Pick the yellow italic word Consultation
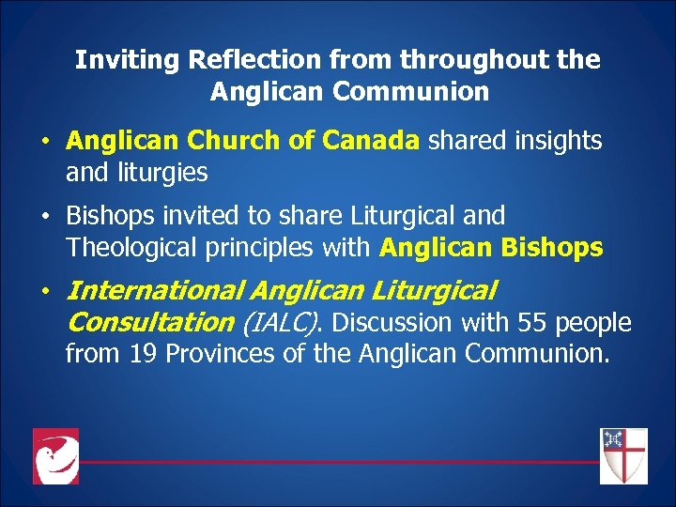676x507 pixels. point(150,323)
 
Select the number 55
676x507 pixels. point(530,323)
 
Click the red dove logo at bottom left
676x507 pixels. point(55,456)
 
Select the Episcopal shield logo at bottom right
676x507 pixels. point(623,456)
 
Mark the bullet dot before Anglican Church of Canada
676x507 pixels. point(45,143)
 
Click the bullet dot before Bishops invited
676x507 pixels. point(45,217)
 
